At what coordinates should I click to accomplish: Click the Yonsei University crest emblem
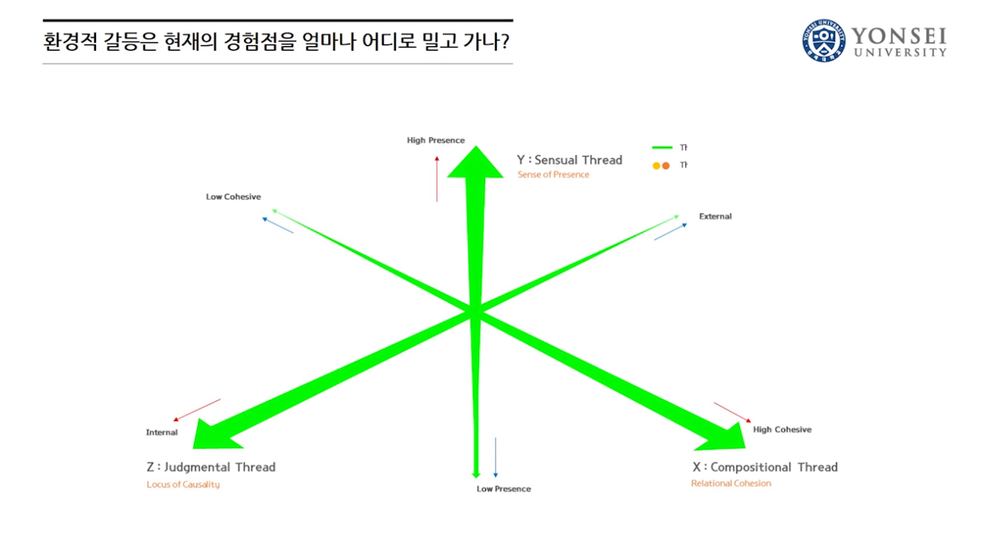coord(823,41)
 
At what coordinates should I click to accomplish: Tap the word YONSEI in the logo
coord(898,36)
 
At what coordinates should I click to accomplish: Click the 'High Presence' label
coord(435,140)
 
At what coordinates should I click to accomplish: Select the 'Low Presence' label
coord(504,489)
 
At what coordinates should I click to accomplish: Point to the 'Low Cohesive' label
coord(233,197)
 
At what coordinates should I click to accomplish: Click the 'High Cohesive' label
coord(782,430)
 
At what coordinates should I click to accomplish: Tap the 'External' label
coord(715,216)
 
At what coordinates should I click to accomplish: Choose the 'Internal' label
coord(161,432)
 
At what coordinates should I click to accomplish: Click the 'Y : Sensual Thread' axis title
coord(569,160)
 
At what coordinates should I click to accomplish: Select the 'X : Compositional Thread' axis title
coord(765,467)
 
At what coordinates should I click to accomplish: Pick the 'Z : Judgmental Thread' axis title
coord(211,467)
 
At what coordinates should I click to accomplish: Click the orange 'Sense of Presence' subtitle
coord(553,175)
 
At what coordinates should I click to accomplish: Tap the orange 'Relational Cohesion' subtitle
coord(731,484)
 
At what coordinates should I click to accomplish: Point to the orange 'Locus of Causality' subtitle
coord(183,484)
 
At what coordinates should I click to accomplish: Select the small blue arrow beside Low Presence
coord(495,457)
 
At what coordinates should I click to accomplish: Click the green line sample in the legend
coord(662,147)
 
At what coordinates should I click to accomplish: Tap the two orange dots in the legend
coord(661,165)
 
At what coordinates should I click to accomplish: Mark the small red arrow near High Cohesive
coord(732,413)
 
